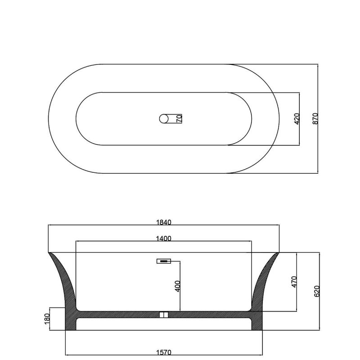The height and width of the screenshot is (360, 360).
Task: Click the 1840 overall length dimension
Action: click(164, 222)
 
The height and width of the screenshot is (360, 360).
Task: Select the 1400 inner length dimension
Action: click(164, 238)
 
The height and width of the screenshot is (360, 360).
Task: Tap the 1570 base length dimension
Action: click(164, 352)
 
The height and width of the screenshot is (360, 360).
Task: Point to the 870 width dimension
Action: click(316, 119)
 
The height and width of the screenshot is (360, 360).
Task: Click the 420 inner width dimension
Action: click(297, 119)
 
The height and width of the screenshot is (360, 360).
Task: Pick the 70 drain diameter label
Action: click(179, 119)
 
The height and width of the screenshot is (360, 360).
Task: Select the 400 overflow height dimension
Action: click(178, 286)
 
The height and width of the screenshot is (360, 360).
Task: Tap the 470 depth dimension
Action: click(294, 282)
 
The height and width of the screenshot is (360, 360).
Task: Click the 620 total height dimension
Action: click(317, 291)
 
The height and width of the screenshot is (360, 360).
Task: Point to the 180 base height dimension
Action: click(47, 319)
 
